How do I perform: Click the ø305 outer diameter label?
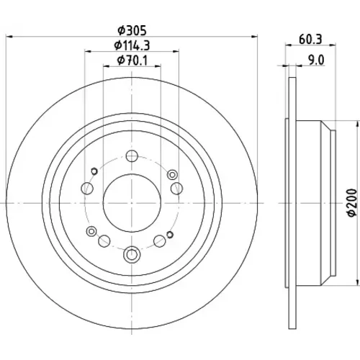coord(132,30)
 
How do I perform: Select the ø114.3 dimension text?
coord(132,45)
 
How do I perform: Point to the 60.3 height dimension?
coord(310,39)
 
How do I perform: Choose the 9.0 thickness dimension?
coord(316,60)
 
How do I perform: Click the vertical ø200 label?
coord(353,203)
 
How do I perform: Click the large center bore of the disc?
coord(132,203)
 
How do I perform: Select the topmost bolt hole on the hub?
coord(132,156)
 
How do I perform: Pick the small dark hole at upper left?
coord(94,171)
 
